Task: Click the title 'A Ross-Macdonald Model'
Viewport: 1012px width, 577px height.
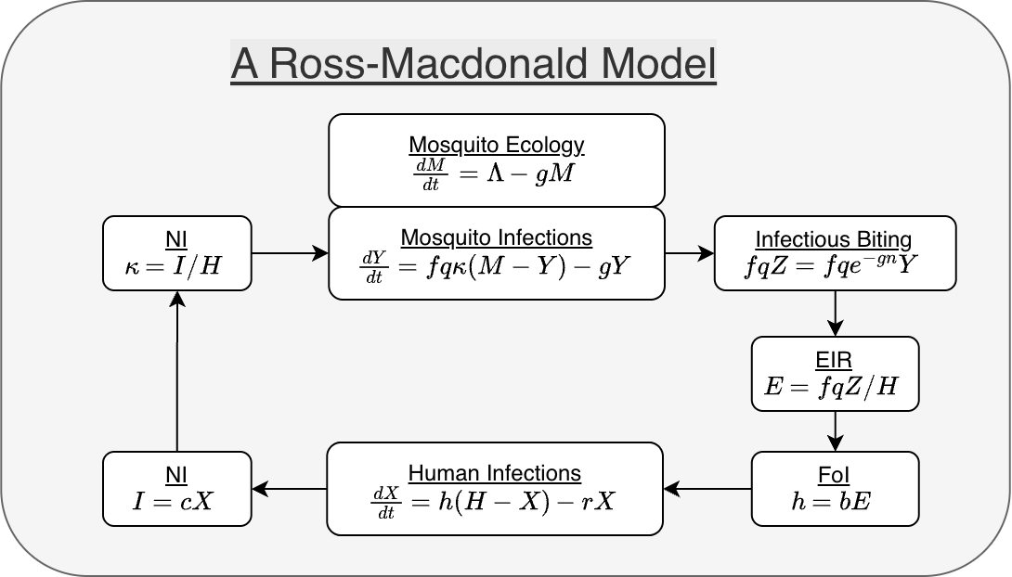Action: click(x=474, y=65)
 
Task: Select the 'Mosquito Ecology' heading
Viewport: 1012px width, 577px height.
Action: click(x=496, y=145)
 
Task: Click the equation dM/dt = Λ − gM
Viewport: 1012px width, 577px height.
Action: click(x=496, y=172)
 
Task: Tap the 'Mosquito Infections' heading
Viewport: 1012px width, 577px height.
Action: click(x=496, y=237)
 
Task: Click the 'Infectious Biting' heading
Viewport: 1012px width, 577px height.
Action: click(x=834, y=238)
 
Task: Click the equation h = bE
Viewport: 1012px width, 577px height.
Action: click(x=835, y=501)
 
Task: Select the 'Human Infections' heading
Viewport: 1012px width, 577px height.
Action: click(x=495, y=473)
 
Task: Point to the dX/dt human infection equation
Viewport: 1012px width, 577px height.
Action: click(x=495, y=501)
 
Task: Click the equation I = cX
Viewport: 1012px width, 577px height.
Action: click(x=176, y=502)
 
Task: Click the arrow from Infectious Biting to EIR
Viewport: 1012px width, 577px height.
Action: click(x=835, y=313)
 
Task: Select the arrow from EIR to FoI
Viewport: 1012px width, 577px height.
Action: click(x=835, y=430)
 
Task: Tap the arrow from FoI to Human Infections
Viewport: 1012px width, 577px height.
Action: click(x=707, y=488)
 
